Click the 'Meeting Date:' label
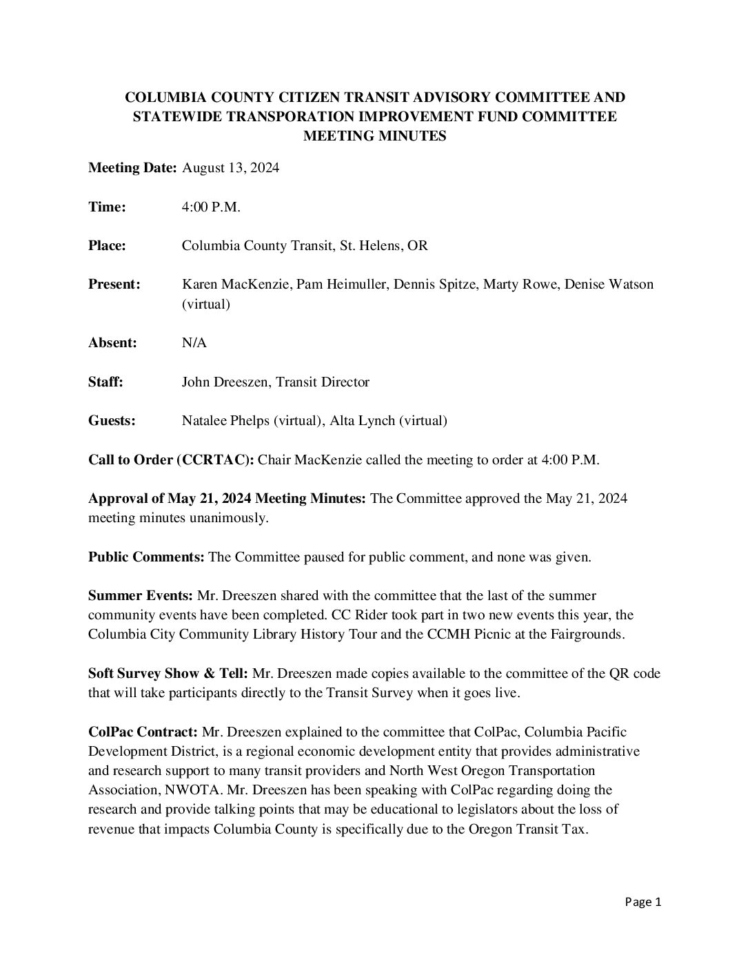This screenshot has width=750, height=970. pyautogui.click(x=132, y=168)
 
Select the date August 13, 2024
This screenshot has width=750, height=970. pyautogui.click(x=230, y=168)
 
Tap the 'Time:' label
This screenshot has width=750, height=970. pyautogui.click(x=107, y=207)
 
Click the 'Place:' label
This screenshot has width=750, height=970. pyautogui.click(x=107, y=245)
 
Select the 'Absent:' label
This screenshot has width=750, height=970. pyautogui.click(x=112, y=342)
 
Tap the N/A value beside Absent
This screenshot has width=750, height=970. pyautogui.click(x=194, y=342)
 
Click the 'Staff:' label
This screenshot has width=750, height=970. pyautogui.click(x=105, y=382)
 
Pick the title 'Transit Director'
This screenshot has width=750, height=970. pyautogui.click(x=323, y=382)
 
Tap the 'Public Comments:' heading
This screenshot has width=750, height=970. pyautogui.click(x=146, y=557)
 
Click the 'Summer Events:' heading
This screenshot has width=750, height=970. pyautogui.click(x=141, y=595)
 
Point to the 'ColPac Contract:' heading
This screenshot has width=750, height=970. pyautogui.click(x=143, y=731)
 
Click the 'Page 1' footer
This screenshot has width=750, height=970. pyautogui.click(x=643, y=902)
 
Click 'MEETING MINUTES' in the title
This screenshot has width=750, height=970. pyautogui.click(x=375, y=136)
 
